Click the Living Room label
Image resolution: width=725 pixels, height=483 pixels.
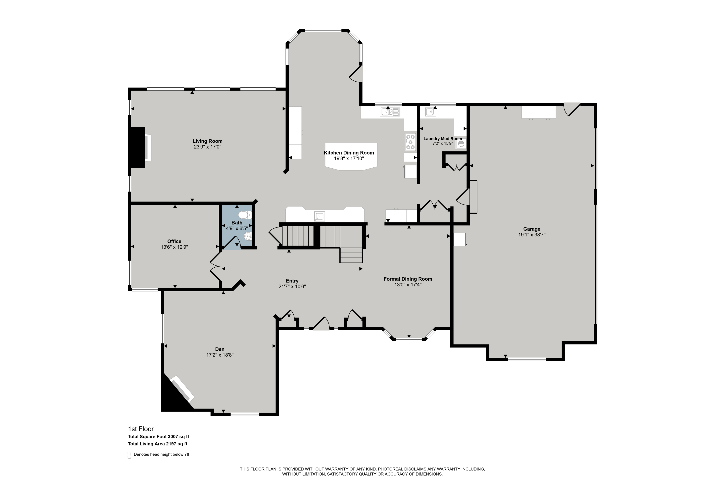click(207, 141)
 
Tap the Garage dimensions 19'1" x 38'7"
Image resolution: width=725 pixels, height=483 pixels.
click(532, 235)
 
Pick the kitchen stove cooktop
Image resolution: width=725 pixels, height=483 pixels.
click(410, 142)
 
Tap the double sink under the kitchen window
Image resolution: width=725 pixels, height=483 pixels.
click(390, 112)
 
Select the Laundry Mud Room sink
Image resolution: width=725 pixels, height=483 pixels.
click(430, 112)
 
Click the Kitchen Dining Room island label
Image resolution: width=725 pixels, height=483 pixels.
click(349, 153)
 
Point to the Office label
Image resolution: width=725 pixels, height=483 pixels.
click(174, 241)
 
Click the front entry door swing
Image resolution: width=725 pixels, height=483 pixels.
click(321, 324)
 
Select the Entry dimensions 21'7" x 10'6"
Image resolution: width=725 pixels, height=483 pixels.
click(292, 286)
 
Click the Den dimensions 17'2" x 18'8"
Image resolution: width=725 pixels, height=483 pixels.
click(219, 355)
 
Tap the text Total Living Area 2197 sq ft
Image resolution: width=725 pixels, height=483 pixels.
click(158, 444)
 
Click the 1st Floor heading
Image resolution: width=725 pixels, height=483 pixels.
click(141, 429)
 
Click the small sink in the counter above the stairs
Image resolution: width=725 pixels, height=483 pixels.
click(319, 216)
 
